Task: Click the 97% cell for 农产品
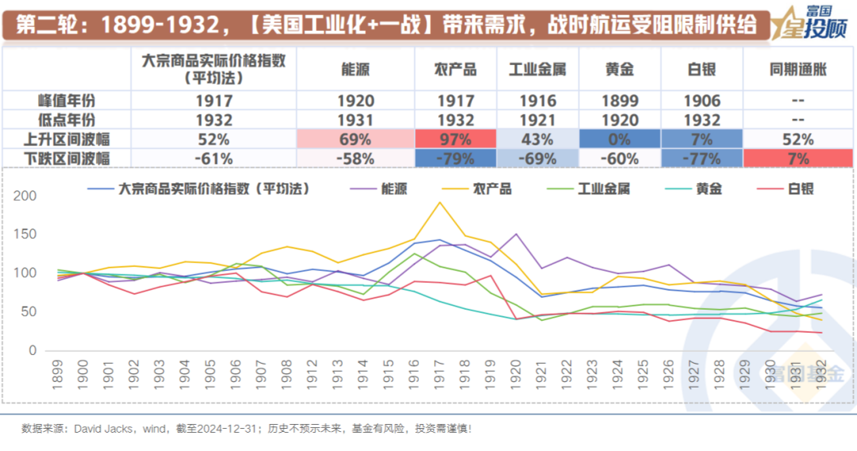coord(455,139)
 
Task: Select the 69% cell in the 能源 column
coord(355,139)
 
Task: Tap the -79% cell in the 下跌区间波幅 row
coord(455,158)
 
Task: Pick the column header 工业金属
coord(537,69)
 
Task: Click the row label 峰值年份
coord(67,101)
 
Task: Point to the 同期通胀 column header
coord(797,69)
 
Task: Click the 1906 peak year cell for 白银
coord(701,101)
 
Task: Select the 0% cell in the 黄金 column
coord(619,139)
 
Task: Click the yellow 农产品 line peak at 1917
coord(439,202)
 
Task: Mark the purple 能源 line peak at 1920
coord(516,234)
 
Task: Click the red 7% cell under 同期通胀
coord(797,158)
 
